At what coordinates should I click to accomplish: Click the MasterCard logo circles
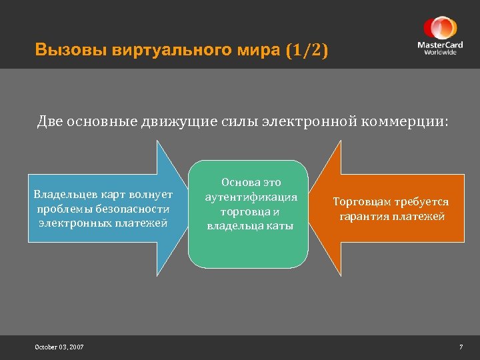pyautogui.click(x=440, y=28)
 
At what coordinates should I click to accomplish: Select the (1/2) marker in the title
pyautogui.click(x=307, y=51)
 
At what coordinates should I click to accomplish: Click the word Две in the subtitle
pyautogui.click(x=51, y=122)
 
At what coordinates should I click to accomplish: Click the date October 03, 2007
pyautogui.click(x=59, y=347)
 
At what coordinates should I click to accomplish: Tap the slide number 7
pyautogui.click(x=460, y=347)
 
